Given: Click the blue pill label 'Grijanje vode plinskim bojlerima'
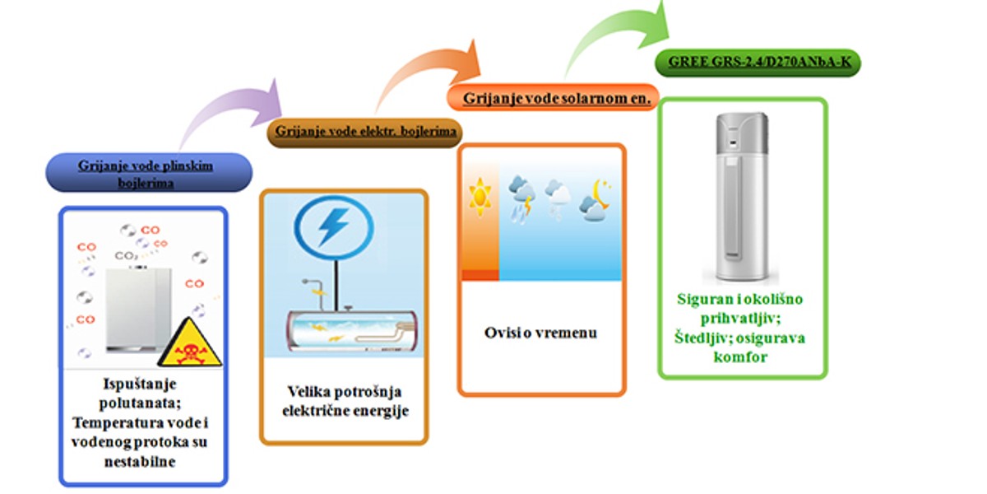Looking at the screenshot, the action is pos(149,172).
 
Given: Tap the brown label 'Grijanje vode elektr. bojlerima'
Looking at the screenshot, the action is pos(365,133).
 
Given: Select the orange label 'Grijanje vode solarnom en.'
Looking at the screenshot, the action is pos(553,97).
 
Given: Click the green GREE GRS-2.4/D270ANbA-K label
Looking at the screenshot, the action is pos(758,63).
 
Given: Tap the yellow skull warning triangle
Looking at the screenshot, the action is pos(190,343).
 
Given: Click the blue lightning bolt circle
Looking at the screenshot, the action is pos(334,227).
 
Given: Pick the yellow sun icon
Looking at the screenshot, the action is pos(480,197).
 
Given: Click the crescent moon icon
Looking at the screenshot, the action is pos(601,193).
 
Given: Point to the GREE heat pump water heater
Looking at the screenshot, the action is pos(742,197).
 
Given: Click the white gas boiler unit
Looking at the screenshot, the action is pos(138,310).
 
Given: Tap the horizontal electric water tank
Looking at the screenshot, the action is pos(352,331).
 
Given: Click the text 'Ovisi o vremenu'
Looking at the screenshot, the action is pos(540,333).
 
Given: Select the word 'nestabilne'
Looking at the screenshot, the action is pos(140,462).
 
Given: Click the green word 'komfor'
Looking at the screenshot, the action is pos(741,357).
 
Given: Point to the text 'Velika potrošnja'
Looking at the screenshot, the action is pos(345,391).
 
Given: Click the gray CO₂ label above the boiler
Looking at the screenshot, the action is pos(126,256).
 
